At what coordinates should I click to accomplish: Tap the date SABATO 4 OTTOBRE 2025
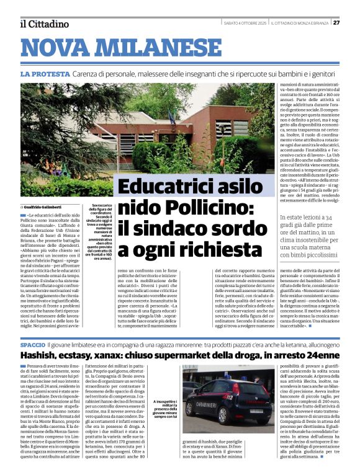(x=244, y=23)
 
